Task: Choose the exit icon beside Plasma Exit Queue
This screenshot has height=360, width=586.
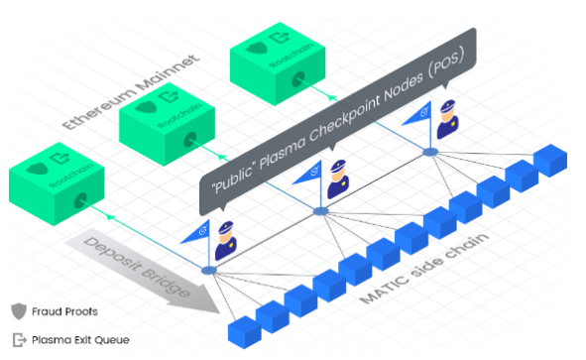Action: [18, 338]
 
